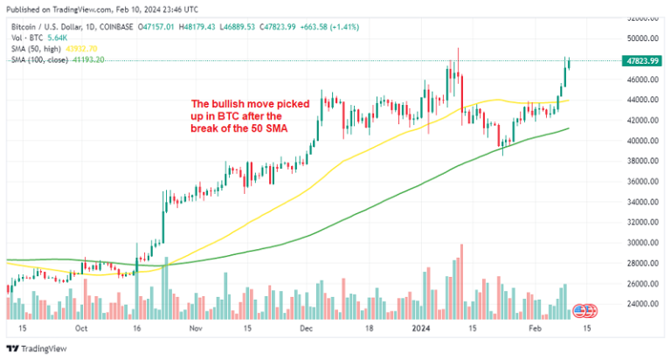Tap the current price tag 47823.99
[641, 59]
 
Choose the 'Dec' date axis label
[306, 330]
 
